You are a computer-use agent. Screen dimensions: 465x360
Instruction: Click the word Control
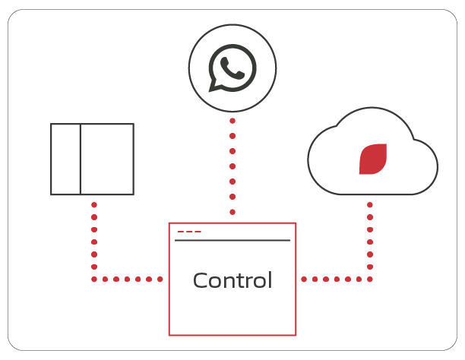232,280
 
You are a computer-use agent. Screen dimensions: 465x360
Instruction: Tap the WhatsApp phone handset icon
232,68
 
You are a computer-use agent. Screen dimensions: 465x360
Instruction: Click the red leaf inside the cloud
373,159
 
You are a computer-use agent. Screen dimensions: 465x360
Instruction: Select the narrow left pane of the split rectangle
65,159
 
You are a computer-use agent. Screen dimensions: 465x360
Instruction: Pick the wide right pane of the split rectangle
107,159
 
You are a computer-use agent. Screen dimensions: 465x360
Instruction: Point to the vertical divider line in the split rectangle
81,159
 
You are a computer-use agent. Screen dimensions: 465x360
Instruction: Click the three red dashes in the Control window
189,232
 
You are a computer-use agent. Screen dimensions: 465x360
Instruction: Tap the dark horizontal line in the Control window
232,240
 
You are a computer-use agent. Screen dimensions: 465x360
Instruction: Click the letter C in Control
200,280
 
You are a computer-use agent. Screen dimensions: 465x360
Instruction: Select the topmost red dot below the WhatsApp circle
232,121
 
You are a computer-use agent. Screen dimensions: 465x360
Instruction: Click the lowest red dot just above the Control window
232,212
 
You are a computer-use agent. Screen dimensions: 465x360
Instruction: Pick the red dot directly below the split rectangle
94,204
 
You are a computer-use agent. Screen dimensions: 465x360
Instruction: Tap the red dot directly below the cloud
370,204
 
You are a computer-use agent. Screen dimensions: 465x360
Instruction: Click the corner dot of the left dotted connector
94,279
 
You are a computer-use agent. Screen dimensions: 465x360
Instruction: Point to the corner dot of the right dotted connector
370,279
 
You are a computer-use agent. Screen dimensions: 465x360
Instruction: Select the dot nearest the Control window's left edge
160,279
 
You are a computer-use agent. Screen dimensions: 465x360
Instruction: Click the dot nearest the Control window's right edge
304,279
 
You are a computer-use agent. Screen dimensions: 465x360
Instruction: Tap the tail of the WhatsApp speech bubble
213,87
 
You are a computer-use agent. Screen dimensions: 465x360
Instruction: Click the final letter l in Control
270,280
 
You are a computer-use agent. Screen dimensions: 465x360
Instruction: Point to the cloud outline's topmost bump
372,108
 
